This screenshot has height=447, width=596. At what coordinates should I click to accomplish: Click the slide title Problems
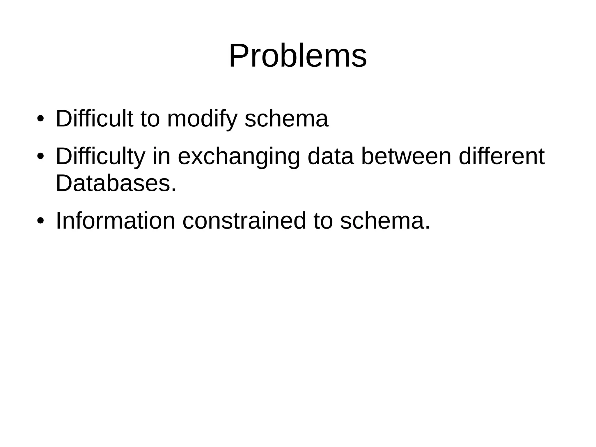[298, 56]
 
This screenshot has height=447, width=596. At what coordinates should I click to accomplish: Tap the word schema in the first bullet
[286, 119]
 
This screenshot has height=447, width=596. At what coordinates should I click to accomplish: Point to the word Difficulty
[100, 157]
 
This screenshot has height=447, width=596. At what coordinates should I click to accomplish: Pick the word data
[331, 157]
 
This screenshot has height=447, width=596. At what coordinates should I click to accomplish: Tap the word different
[501, 157]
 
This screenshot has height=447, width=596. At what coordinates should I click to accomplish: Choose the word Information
[115, 221]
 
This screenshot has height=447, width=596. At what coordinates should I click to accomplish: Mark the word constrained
[244, 221]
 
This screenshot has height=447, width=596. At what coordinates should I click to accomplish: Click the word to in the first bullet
[150, 119]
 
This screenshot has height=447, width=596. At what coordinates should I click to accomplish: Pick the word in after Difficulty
[161, 157]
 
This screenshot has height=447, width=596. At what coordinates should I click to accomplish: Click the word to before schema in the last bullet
[323, 221]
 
